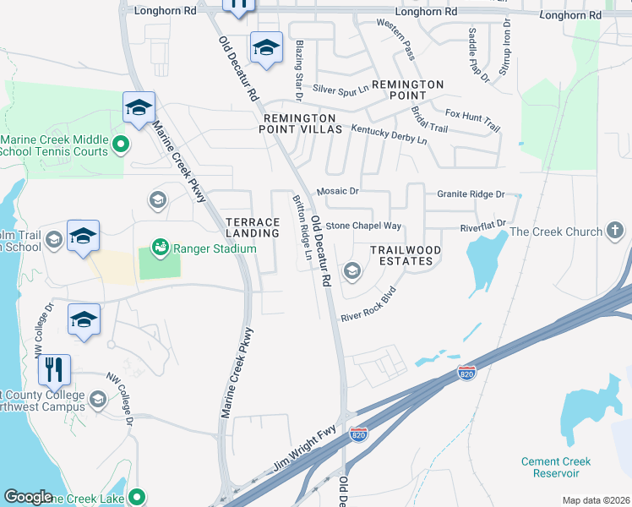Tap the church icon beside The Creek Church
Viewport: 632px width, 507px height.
pos(615,231)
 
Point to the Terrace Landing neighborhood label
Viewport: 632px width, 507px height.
pos(252,227)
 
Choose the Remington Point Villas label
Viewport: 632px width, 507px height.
pos(302,124)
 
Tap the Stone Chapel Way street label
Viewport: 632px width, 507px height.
pos(363,226)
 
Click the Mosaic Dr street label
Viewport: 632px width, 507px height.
pos(338,193)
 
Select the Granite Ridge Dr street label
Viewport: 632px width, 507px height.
pos(471,194)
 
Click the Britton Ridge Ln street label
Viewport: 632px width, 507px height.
pos(301,221)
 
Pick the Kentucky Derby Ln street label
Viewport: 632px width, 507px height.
pos(390,134)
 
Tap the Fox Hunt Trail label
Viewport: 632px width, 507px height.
pos(472,120)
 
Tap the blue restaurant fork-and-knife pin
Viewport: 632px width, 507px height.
pos(53,369)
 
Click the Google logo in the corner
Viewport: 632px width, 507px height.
pos(28,497)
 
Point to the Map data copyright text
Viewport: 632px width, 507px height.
pos(595,500)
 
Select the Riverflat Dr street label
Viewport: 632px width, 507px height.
pos(482,226)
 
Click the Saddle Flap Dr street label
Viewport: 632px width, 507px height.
pos(479,55)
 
